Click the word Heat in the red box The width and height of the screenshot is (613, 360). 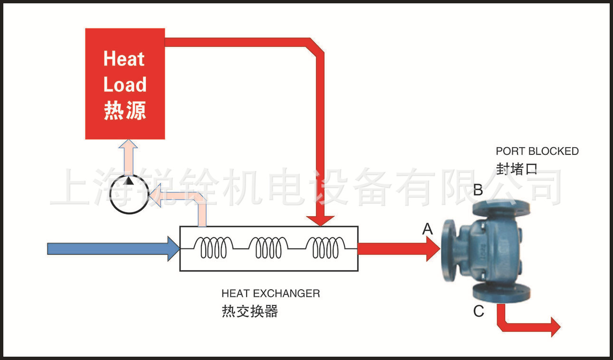click(x=124, y=59)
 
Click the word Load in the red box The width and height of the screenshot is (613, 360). click(x=125, y=85)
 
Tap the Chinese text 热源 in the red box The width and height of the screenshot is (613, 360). click(x=125, y=110)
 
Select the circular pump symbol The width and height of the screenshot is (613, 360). click(x=129, y=194)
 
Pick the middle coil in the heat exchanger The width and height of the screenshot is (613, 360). click(x=268, y=248)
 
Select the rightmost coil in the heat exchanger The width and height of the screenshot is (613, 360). click(x=325, y=248)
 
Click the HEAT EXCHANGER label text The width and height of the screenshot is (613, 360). click(x=270, y=294)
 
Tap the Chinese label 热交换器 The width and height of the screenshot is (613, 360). click(x=249, y=312)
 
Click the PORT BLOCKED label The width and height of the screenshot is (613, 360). click(x=537, y=152)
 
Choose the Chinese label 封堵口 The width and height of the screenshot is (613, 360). click(x=517, y=169)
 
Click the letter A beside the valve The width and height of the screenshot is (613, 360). click(x=428, y=230)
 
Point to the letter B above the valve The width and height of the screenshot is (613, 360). click(x=478, y=190)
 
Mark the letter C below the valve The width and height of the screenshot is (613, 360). click(x=479, y=312)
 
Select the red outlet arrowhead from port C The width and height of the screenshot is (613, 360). click(x=555, y=328)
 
